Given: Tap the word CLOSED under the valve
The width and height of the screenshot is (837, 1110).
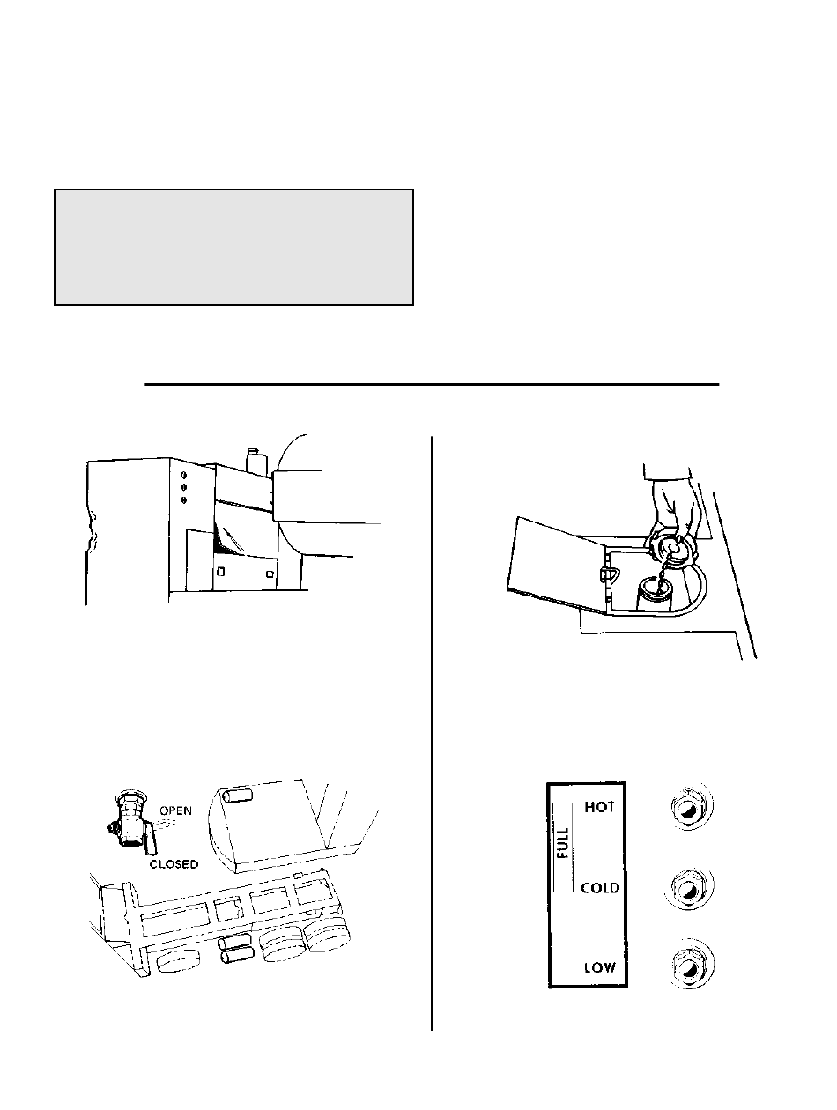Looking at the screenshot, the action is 174,864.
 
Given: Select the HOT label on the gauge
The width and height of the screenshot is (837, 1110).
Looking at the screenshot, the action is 598,808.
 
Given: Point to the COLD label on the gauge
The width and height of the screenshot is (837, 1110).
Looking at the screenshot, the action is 600,888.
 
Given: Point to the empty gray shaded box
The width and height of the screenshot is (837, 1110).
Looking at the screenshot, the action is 233,247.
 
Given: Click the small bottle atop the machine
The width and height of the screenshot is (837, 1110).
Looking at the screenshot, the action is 256,462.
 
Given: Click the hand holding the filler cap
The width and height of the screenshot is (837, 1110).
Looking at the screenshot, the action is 674,511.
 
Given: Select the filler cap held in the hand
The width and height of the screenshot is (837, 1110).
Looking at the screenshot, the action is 676,551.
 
